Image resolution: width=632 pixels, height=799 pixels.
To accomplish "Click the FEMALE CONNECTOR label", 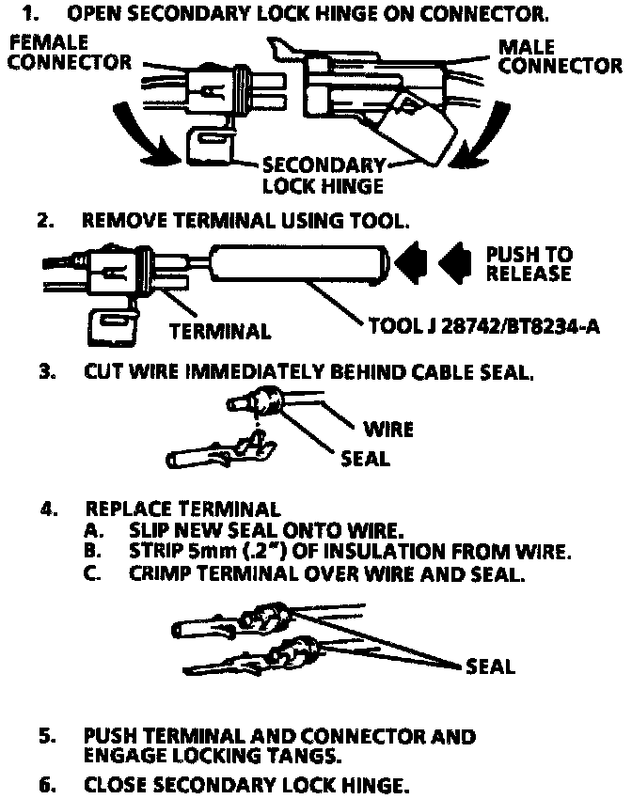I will click(x=71, y=54).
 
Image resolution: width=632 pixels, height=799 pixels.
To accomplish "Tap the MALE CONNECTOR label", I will click(x=560, y=56).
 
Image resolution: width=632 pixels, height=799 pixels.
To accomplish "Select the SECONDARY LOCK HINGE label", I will click(x=323, y=174).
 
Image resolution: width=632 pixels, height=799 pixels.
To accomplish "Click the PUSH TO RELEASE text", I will click(x=529, y=264).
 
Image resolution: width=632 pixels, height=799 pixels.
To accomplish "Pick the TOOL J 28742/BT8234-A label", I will click(x=484, y=326).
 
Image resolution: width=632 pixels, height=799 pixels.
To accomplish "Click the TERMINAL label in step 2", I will click(x=220, y=332).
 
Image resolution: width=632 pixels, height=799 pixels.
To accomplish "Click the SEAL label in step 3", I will click(x=366, y=460).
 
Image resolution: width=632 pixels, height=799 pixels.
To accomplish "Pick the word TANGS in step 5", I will click(x=309, y=755).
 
